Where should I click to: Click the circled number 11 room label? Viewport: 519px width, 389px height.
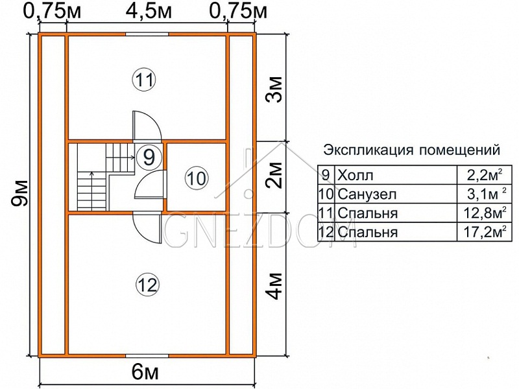145,79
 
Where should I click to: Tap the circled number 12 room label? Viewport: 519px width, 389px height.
148,285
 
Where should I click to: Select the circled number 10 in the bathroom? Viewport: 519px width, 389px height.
197,179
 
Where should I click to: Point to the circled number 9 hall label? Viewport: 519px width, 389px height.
150,157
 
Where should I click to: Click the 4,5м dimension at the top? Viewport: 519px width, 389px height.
149,12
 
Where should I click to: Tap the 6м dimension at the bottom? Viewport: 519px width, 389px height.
145,373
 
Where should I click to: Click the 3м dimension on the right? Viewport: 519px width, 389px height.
275,89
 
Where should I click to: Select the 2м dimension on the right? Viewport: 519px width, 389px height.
275,175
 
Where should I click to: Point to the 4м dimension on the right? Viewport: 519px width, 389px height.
275,286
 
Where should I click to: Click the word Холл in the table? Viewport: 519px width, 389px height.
355,175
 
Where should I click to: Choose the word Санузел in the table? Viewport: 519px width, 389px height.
367,194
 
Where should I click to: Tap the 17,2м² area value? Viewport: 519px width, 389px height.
486,232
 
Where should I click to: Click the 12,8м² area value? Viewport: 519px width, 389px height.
486,213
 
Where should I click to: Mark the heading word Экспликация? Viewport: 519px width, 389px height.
368,150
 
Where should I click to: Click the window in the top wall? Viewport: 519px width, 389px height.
147,34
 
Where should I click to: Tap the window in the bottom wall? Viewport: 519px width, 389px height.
147,356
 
